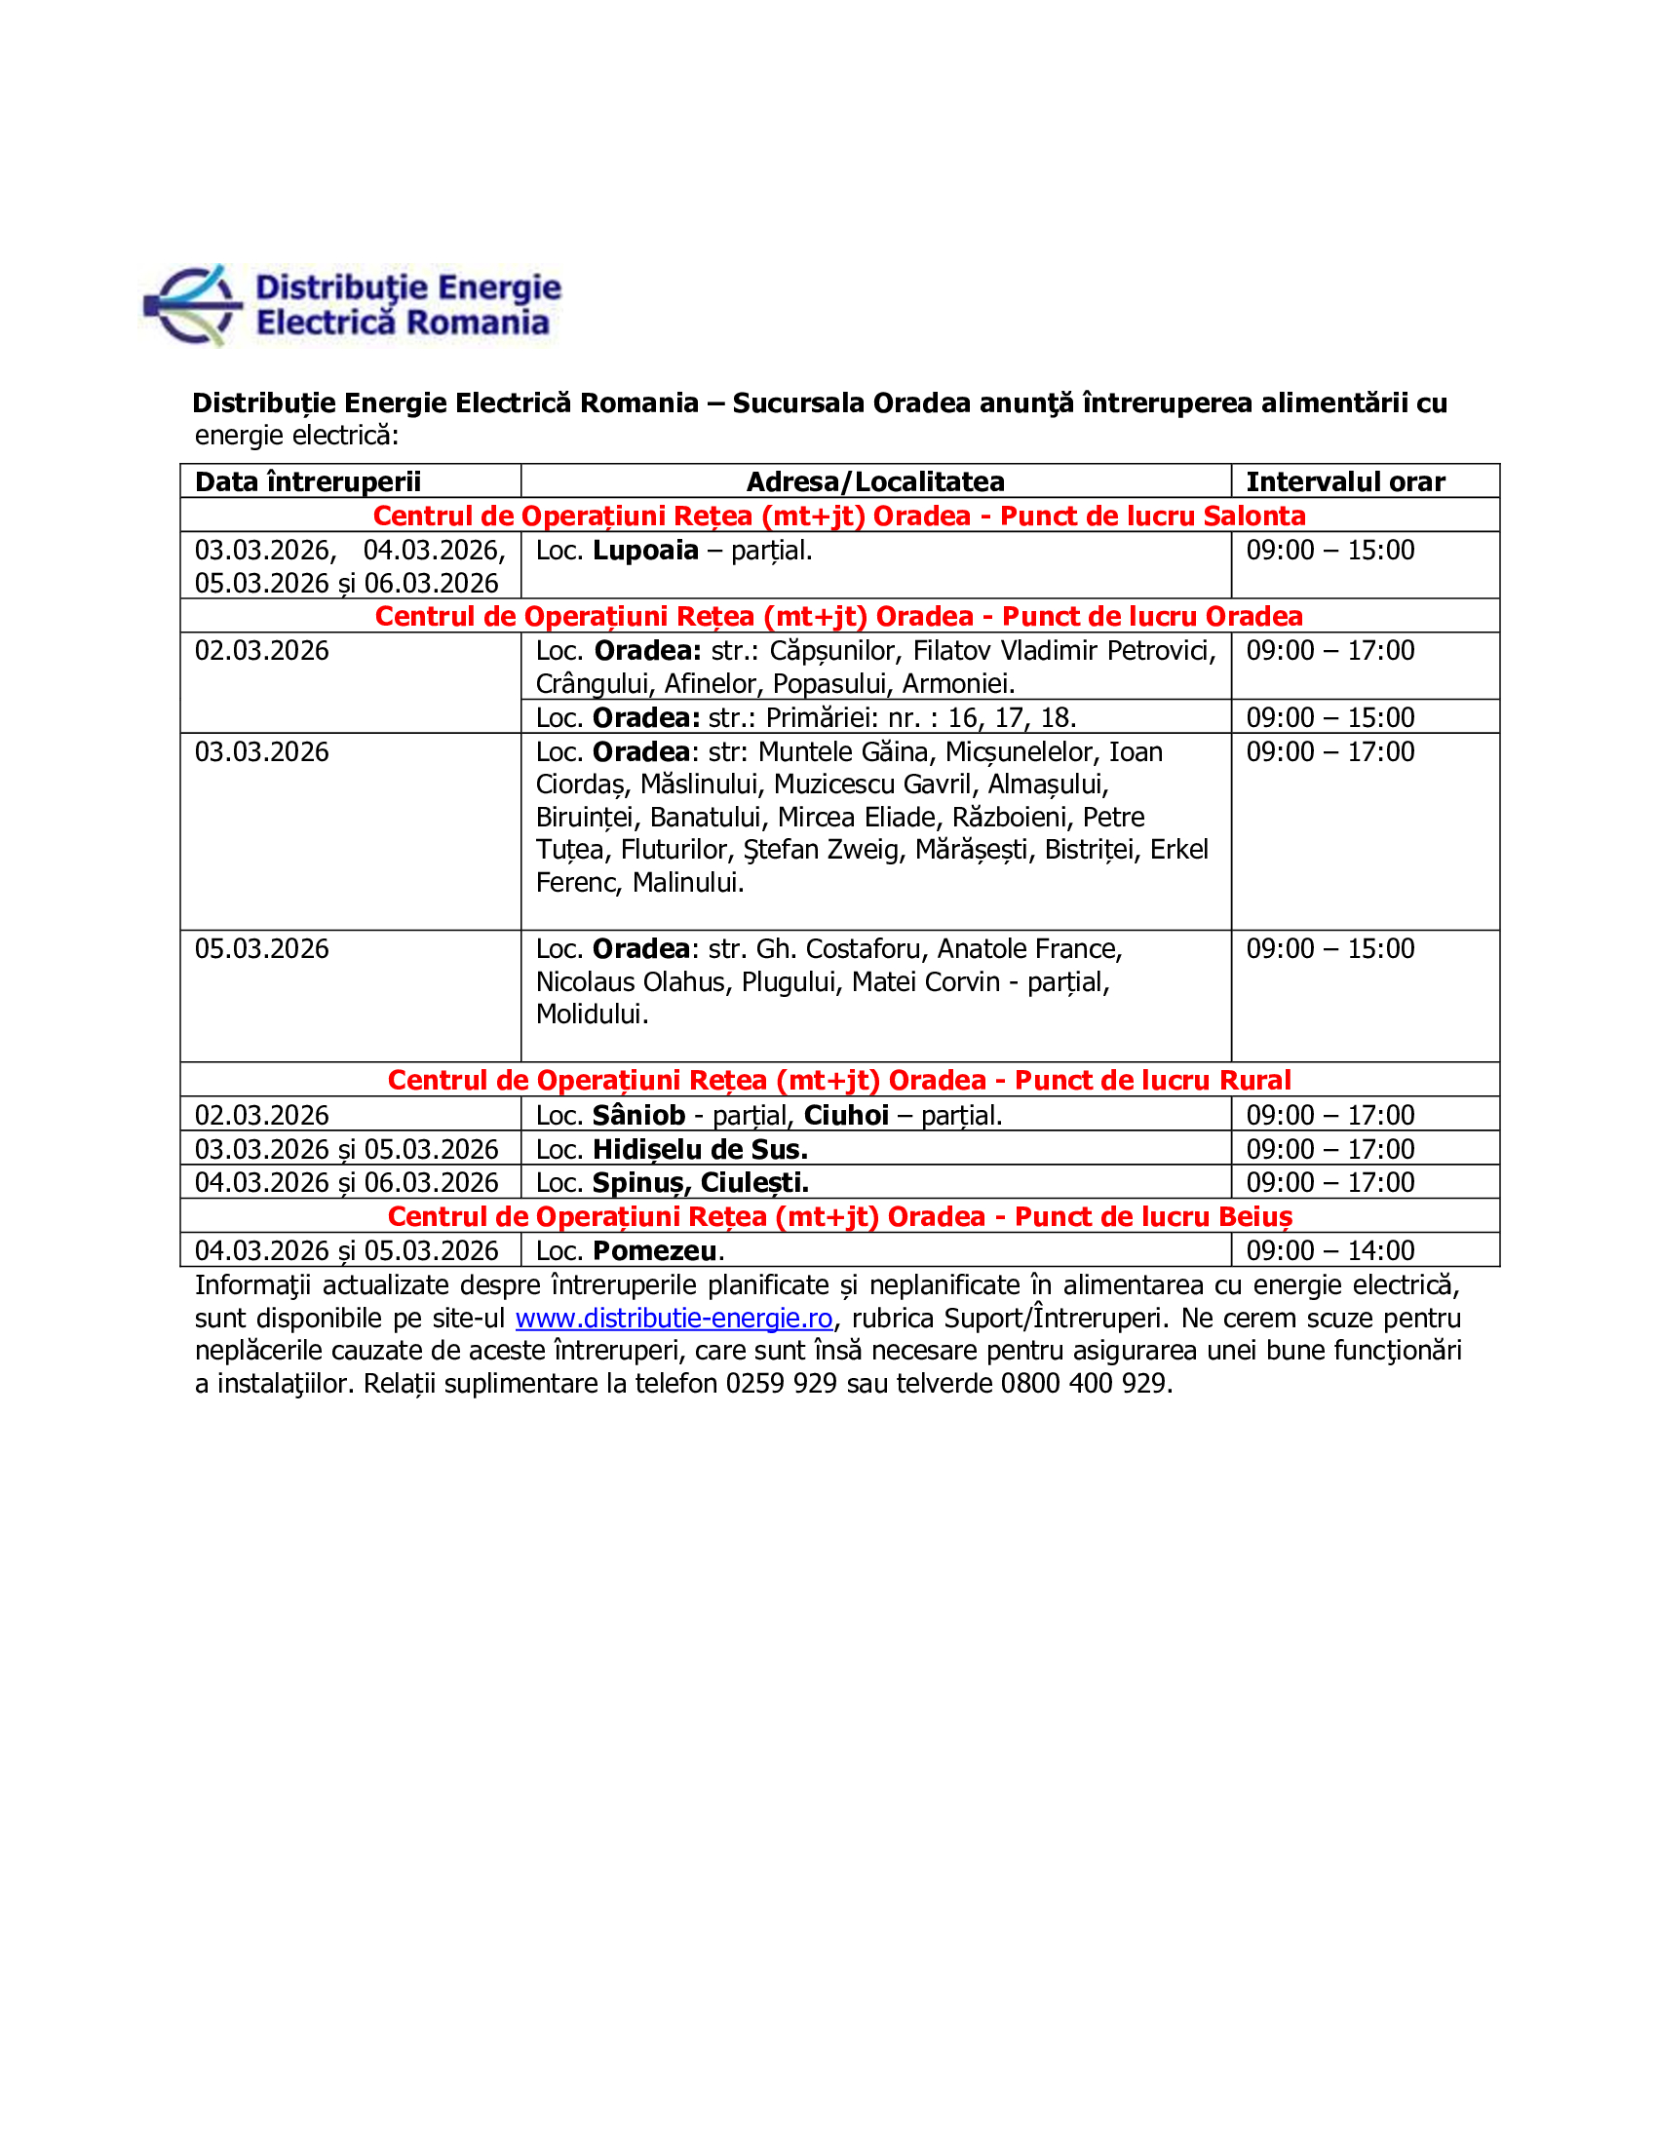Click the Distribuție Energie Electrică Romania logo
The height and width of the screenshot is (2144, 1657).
click(353, 305)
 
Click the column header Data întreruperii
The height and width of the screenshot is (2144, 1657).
click(307, 482)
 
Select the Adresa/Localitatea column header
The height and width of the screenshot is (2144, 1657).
click(874, 482)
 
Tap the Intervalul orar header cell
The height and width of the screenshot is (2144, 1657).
click(1345, 482)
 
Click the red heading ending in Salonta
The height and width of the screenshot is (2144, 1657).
click(839, 517)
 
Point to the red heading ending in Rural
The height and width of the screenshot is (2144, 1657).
click(839, 1080)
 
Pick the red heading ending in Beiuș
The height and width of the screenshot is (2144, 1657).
click(839, 1216)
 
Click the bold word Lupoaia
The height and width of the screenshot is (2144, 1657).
click(645, 551)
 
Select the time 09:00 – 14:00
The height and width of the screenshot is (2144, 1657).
click(1330, 1250)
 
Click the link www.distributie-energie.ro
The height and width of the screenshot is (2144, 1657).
click(674, 1319)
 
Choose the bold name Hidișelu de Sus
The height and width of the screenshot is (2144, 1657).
click(700, 1150)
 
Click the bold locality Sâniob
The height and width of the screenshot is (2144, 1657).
click(638, 1115)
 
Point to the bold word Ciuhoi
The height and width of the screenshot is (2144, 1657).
click(846, 1115)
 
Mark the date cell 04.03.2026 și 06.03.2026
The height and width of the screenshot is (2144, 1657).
click(347, 1183)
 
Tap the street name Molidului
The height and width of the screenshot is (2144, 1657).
click(591, 1015)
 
